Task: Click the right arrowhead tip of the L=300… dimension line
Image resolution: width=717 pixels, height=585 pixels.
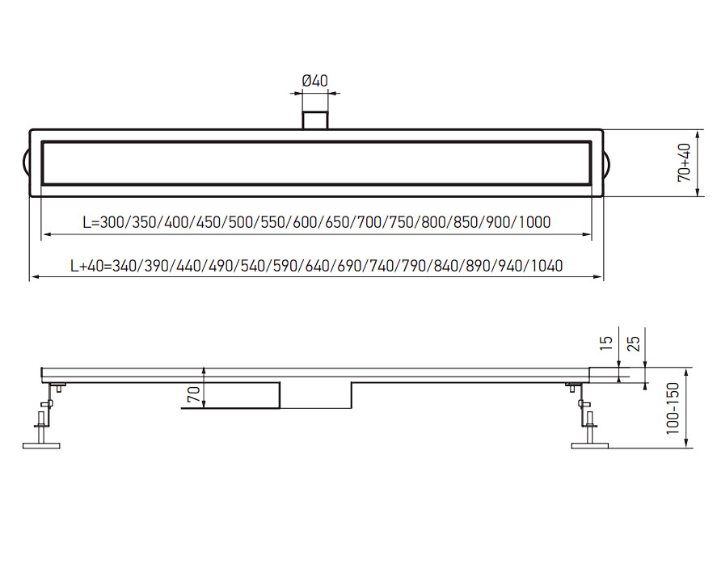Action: [x=591, y=234]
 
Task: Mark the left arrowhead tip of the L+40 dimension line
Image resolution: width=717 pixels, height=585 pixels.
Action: [x=30, y=277]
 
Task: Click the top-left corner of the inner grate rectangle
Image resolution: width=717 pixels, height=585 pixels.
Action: [x=42, y=141]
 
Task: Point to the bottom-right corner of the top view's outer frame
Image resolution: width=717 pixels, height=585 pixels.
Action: [x=603, y=196]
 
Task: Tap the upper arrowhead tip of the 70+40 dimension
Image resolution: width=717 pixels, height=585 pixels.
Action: [x=697, y=130]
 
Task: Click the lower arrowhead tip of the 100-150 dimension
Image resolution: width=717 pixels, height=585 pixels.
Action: [x=686, y=448]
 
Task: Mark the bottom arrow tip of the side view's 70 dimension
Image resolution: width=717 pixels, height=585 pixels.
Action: [x=204, y=408]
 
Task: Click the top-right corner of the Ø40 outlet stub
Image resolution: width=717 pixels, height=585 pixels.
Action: [x=327, y=110]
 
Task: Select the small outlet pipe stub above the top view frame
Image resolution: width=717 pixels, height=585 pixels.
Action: [x=315, y=120]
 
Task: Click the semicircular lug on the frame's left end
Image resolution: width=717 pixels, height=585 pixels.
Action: [x=27, y=163]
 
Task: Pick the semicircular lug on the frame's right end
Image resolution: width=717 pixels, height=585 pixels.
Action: [x=607, y=163]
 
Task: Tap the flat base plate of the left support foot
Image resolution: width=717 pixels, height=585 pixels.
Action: [x=41, y=445]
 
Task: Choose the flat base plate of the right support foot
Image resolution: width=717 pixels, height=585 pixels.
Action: [x=590, y=445]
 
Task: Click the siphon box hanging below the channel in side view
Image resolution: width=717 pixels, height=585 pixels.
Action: [x=315, y=395]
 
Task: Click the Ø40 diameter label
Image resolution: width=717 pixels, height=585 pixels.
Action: [x=315, y=81]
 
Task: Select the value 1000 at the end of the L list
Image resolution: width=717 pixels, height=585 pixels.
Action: [x=534, y=222]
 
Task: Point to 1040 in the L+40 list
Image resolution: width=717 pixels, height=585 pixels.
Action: [x=547, y=266]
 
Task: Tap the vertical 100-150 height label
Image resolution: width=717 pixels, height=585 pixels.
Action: [x=673, y=408]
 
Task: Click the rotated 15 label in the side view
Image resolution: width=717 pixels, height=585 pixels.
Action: [x=605, y=343]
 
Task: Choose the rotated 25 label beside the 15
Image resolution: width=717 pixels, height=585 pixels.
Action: [x=633, y=343]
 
